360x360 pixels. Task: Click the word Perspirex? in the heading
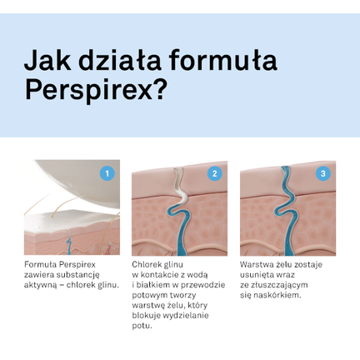click(96, 91)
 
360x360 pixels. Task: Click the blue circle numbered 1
click(107, 173)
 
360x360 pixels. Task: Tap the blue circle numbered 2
click(215, 173)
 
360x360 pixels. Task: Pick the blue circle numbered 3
click(323, 173)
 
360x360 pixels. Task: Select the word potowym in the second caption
click(151, 294)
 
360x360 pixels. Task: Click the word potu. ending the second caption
click(142, 325)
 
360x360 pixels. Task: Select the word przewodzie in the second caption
click(206, 284)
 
